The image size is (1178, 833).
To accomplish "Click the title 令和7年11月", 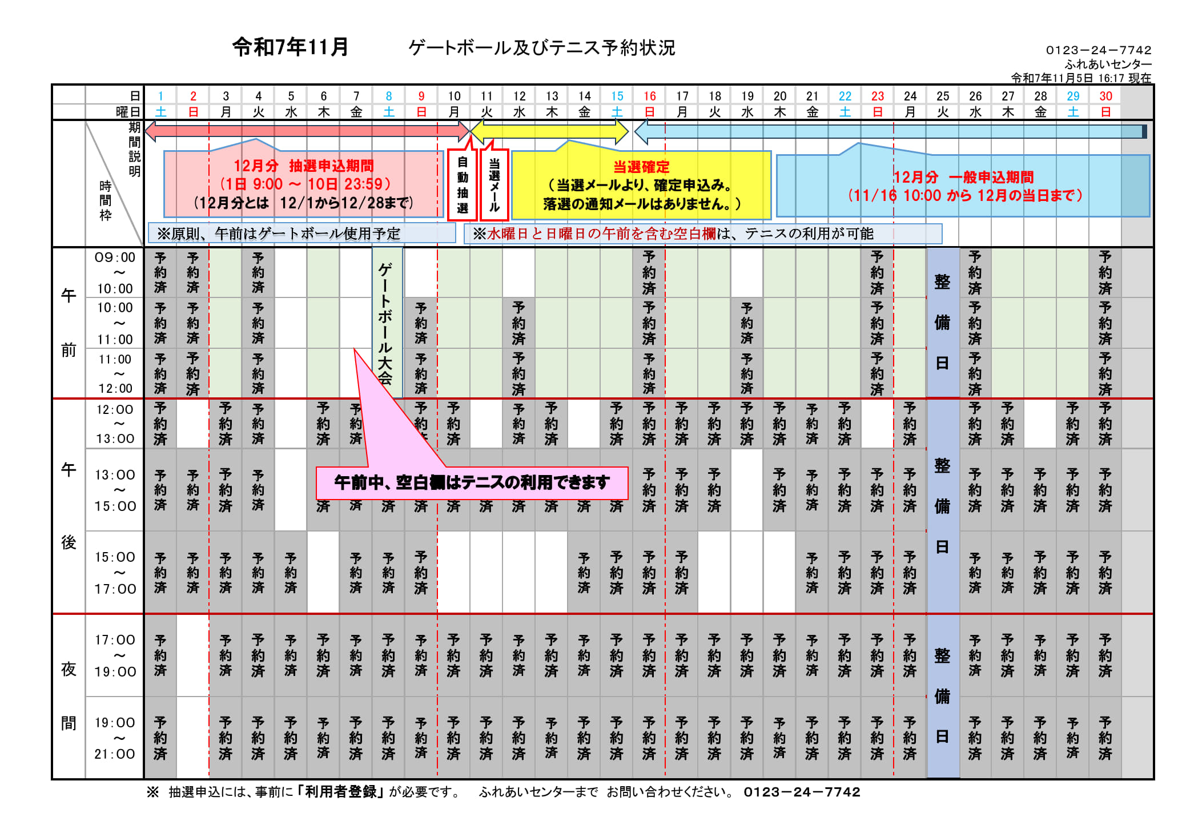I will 290,47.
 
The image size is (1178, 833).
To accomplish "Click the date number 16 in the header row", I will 649,96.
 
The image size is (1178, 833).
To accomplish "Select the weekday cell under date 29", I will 1073,112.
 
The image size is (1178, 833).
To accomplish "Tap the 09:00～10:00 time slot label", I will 115,273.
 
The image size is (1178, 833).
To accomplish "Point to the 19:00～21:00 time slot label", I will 115,738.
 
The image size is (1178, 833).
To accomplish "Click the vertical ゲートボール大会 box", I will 387,323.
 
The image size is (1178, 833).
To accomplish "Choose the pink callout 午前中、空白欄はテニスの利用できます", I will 472,483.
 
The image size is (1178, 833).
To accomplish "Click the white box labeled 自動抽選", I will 463,185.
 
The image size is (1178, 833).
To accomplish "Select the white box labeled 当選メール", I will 494,185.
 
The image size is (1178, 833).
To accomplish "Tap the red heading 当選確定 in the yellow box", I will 641,167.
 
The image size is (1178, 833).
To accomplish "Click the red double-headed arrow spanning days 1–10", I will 307,131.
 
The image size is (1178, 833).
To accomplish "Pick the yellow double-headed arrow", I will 549,132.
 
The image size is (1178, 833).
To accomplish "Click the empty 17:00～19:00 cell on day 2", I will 193,655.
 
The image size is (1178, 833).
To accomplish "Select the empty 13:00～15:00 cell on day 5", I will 291,490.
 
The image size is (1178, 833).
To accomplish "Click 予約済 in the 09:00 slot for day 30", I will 1105,272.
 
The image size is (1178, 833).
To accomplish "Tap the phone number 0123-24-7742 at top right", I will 1098,50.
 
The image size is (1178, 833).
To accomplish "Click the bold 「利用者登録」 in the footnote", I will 341,792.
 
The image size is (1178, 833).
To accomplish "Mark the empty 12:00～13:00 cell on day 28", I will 1040,424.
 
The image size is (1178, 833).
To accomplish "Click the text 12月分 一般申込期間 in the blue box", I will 963,178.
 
